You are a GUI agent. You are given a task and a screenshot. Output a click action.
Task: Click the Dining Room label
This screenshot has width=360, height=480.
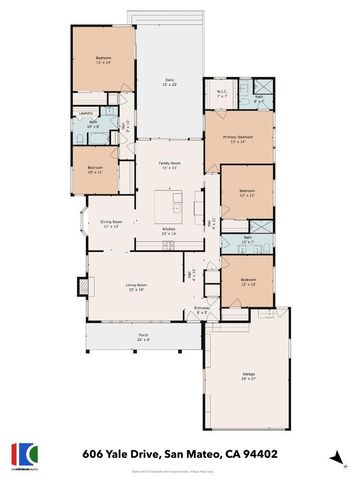(x=110, y=223)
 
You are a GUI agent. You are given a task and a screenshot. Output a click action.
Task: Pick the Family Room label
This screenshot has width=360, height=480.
(x=169, y=164)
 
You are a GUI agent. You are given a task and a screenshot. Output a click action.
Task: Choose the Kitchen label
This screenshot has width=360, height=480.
(x=170, y=230)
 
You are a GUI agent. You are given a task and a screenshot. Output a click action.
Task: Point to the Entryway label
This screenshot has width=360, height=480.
(x=203, y=309)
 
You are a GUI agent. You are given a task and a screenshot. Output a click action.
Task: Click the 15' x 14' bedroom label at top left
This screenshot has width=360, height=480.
(x=102, y=59)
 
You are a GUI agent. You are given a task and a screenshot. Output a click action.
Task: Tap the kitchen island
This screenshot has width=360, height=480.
(x=178, y=205)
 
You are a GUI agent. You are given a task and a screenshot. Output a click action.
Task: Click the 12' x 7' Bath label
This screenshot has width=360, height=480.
(x=247, y=240)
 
